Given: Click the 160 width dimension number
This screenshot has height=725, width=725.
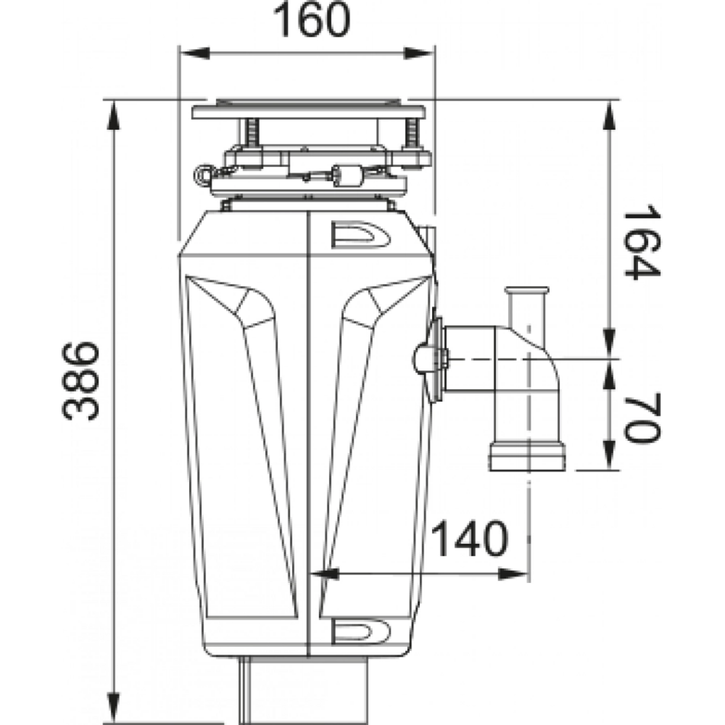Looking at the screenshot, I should click(312, 20).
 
